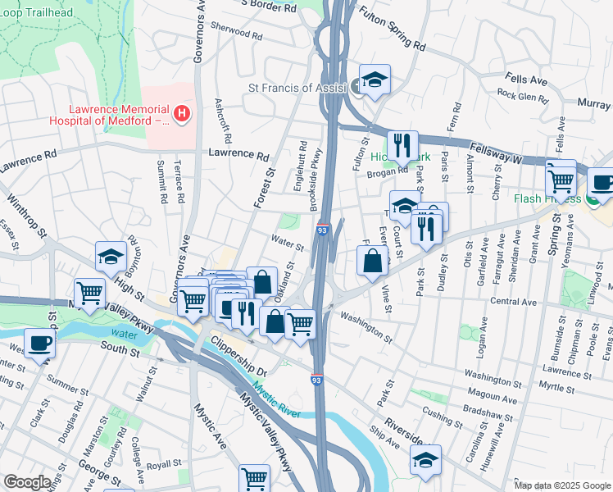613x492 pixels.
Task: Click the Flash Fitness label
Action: click(x=546, y=198)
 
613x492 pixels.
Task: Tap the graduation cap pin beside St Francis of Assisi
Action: click(x=375, y=80)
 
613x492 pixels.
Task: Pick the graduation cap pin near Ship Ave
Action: click(x=425, y=460)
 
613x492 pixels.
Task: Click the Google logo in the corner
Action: click(x=27, y=482)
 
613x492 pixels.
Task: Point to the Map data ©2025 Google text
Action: click(x=561, y=485)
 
